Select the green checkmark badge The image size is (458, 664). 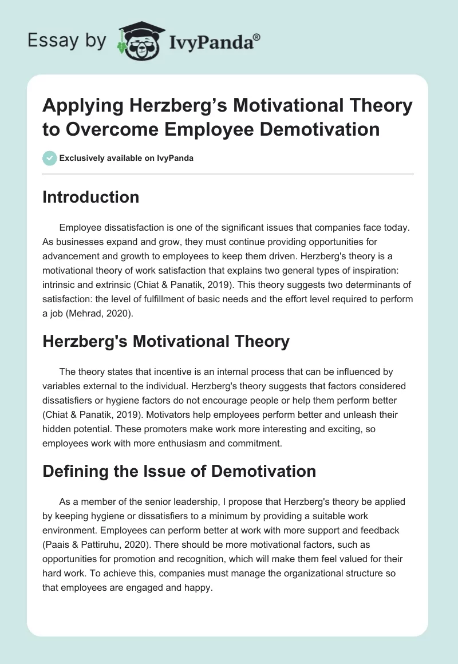[50, 158]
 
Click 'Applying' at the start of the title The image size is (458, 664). [80, 105]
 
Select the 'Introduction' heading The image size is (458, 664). [91, 197]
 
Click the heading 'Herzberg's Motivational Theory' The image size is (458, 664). [166, 342]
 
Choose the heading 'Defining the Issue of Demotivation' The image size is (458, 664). [179, 471]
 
